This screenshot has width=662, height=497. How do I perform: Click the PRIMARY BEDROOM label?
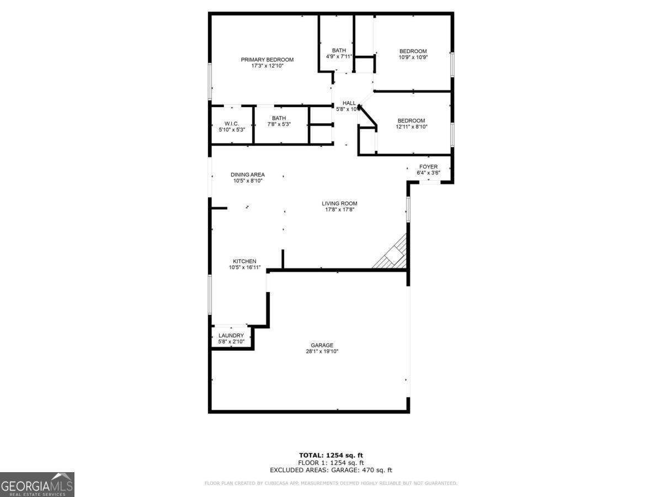(x=267, y=60)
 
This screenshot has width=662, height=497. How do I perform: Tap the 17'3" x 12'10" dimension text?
(x=267, y=66)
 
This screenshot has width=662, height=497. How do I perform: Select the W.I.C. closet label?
(x=231, y=123)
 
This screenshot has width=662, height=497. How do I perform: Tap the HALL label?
(x=349, y=103)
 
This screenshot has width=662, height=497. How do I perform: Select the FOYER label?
(x=428, y=167)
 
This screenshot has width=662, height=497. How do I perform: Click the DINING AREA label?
(x=248, y=175)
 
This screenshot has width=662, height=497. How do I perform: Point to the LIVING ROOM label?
(x=339, y=204)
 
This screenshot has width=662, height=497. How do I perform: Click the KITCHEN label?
(x=244, y=261)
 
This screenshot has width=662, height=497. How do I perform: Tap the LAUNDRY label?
(x=231, y=336)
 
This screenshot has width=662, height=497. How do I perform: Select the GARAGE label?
(x=322, y=346)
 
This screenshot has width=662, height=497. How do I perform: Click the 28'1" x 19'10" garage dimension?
(x=322, y=352)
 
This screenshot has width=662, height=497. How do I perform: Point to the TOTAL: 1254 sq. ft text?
(x=330, y=455)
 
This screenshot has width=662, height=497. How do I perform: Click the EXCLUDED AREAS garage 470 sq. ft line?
(x=330, y=470)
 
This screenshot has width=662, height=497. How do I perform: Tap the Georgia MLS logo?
(x=37, y=484)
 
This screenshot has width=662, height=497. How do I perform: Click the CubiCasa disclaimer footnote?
(x=330, y=483)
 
